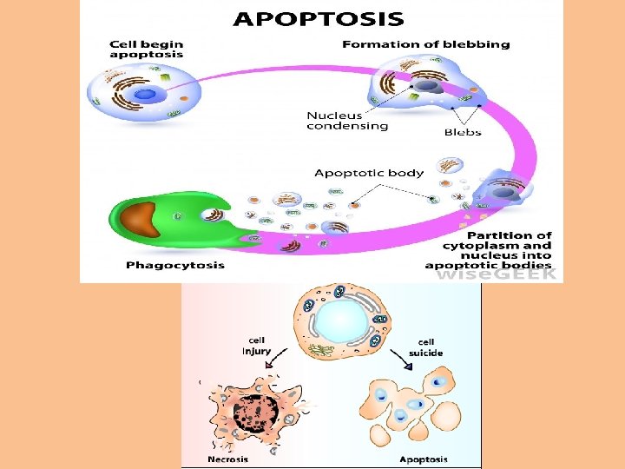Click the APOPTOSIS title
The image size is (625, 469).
tap(319, 17)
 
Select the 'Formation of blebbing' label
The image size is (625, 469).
tap(425, 44)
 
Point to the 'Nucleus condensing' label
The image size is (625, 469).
tap(347, 121)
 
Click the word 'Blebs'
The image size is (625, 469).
tap(463, 133)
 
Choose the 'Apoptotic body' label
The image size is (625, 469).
tap(369, 173)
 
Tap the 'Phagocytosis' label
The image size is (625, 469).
tap(174, 265)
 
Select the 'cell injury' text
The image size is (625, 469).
tap(257, 346)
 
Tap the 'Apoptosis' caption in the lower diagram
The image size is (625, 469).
tap(424, 459)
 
